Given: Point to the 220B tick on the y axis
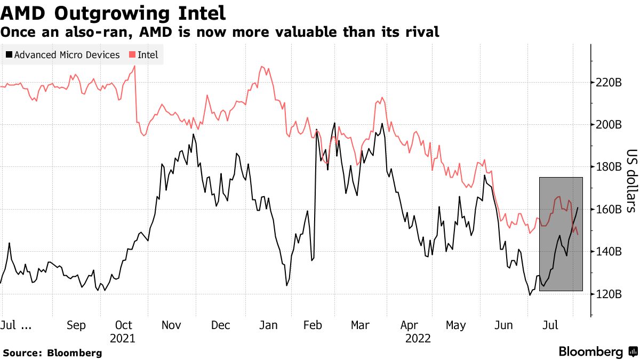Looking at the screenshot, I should (x=609, y=83).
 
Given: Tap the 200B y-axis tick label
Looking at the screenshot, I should (x=609, y=125).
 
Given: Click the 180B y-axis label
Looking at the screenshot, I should (x=609, y=167).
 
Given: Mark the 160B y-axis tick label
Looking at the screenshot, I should (x=609, y=209).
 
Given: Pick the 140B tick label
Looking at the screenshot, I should (x=609, y=251).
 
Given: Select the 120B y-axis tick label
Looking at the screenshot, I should (x=609, y=294).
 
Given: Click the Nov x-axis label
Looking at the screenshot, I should (x=171, y=325).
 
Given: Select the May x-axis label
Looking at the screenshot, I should (x=455, y=325).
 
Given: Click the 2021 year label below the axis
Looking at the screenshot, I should (x=123, y=338).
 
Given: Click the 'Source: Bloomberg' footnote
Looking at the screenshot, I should (x=52, y=353).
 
